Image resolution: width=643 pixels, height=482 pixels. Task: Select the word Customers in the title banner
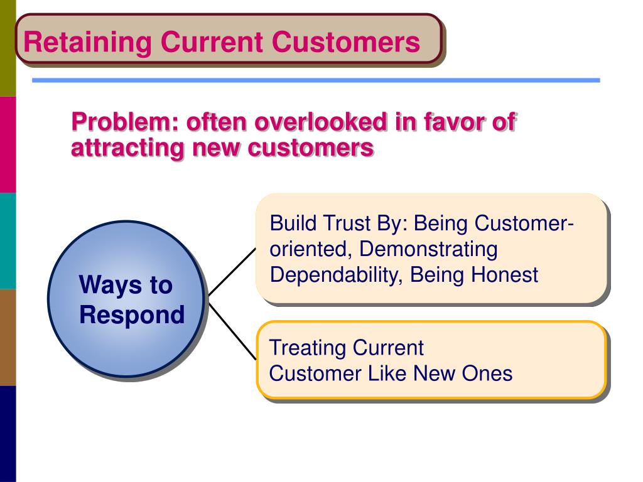click(346, 42)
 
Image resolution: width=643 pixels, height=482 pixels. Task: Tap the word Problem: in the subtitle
click(125, 122)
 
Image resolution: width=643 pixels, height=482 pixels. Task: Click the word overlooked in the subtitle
click(321, 122)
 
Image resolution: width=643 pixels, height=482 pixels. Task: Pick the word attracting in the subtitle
click(127, 147)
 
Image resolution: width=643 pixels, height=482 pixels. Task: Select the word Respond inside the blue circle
click(132, 315)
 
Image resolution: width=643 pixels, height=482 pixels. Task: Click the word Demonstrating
click(428, 249)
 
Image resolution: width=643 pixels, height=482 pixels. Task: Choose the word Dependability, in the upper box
click(337, 275)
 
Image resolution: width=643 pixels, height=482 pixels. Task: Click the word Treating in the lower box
click(308, 348)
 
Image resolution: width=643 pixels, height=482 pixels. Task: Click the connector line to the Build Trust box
click(232, 272)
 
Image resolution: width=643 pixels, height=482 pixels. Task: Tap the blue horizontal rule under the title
click(316, 80)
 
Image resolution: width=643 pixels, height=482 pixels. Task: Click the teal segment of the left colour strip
click(8, 241)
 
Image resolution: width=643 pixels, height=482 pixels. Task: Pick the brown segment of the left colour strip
click(8, 337)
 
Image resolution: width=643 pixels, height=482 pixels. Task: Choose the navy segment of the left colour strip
click(8, 434)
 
